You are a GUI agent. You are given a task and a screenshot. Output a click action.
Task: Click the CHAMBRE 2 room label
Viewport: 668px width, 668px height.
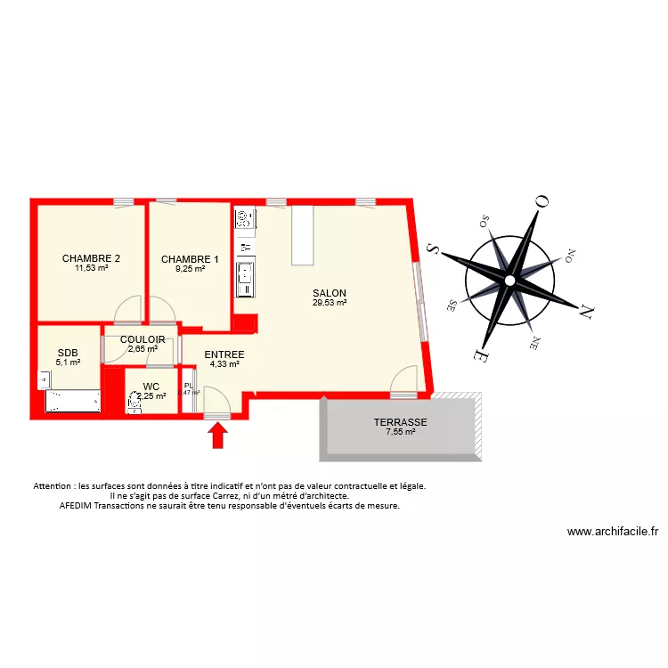point(91,259)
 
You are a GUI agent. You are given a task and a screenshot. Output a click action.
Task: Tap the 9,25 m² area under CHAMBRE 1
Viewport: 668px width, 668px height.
point(190,268)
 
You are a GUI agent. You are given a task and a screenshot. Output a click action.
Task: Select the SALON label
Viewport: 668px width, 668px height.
point(330,293)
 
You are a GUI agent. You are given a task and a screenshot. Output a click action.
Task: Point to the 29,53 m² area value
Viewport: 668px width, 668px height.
point(330,303)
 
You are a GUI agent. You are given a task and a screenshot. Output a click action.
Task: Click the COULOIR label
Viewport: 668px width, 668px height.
point(143,339)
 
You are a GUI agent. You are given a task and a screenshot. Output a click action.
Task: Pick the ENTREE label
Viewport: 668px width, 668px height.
point(224,354)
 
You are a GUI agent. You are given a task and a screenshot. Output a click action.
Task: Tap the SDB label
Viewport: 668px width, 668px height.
point(68,353)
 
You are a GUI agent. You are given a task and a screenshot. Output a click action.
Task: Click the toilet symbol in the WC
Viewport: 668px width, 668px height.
point(135,403)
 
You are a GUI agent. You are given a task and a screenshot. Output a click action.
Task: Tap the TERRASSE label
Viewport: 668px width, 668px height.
point(400,423)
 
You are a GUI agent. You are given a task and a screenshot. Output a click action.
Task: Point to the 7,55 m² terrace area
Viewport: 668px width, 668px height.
point(400,433)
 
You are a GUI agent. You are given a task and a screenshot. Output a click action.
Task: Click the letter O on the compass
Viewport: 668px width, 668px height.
point(540,202)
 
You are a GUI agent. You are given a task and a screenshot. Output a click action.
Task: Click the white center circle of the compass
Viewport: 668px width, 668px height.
point(509,280)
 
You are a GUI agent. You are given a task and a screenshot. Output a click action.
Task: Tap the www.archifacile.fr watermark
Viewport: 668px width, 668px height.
point(613,532)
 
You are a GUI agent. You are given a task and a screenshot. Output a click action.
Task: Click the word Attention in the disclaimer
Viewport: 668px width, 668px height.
point(53,486)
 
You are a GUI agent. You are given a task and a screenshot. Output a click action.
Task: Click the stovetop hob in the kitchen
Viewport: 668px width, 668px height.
point(244,217)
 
